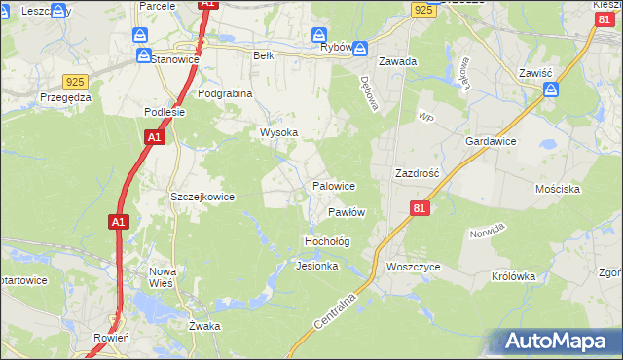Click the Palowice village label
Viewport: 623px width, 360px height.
click(333, 185)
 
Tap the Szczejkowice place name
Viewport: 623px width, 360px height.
click(202, 197)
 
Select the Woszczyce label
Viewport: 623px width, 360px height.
click(414, 266)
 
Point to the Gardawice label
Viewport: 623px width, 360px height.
click(491, 141)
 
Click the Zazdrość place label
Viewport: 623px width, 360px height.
click(418, 172)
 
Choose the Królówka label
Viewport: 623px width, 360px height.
click(514, 275)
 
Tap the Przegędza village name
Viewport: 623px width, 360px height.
click(66, 97)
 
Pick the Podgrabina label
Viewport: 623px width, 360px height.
click(225, 93)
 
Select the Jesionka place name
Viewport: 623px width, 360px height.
click(316, 266)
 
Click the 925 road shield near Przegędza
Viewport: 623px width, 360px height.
click(74, 82)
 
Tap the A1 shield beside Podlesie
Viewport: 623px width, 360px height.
click(154, 139)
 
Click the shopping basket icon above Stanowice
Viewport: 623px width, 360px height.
click(143, 36)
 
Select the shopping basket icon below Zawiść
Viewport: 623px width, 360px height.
click(552, 90)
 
